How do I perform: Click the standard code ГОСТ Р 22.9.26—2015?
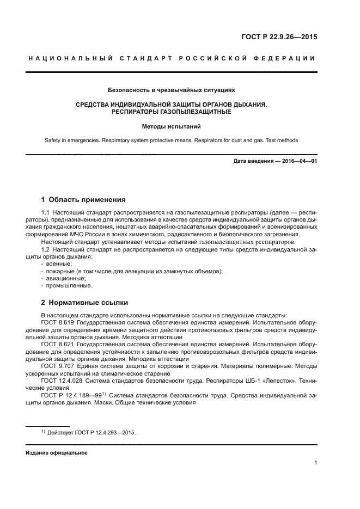[x=279, y=38]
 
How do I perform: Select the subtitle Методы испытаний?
[x=172, y=126]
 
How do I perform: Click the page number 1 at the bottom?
[x=316, y=463]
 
